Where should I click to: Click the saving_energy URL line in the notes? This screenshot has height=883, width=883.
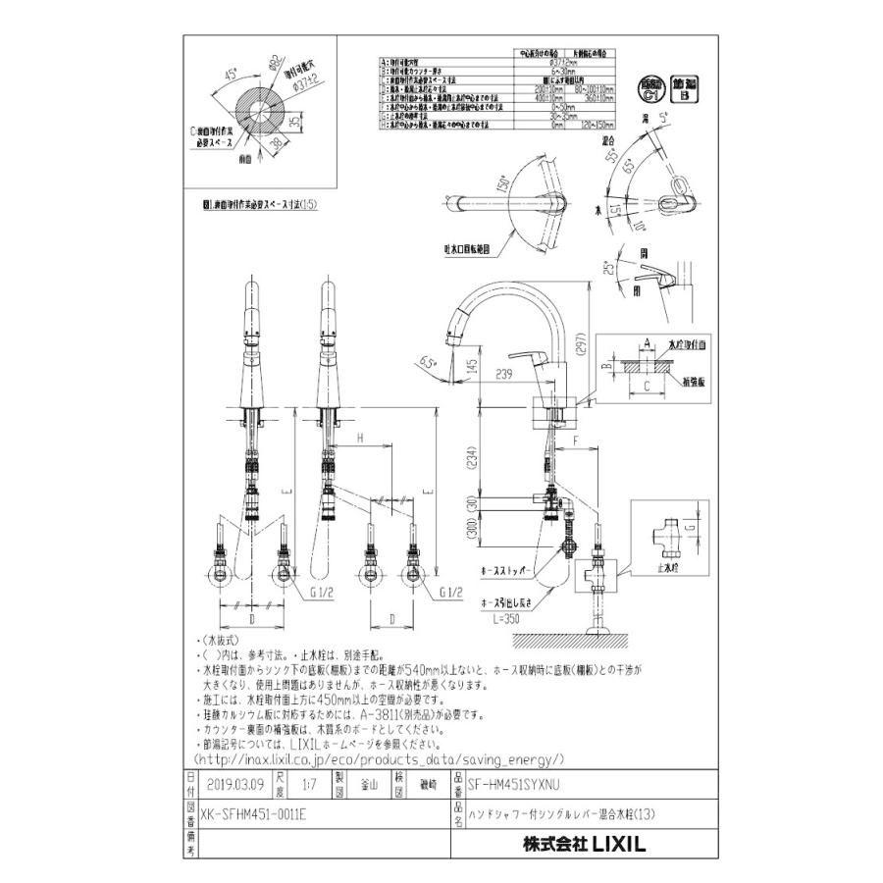point(379,759)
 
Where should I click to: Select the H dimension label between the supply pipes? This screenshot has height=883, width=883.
point(361,437)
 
